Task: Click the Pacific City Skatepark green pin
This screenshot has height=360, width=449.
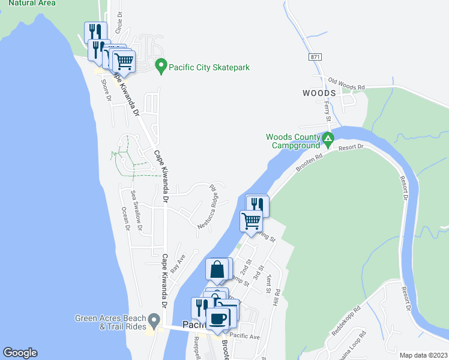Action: coord(160,65)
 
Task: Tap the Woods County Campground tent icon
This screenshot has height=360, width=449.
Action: coord(328,139)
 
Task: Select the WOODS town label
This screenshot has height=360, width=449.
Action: coord(319,94)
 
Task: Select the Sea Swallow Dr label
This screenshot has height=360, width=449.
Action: coord(136,210)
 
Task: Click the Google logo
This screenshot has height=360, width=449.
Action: coord(20,353)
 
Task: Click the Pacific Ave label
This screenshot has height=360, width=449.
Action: coord(245,337)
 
